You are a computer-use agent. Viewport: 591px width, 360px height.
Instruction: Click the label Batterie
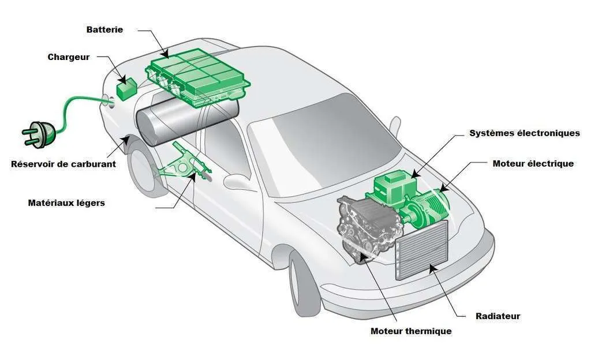click(x=104, y=29)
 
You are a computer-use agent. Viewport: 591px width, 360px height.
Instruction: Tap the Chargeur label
click(x=69, y=57)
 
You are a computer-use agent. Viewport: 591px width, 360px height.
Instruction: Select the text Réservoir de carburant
click(x=63, y=164)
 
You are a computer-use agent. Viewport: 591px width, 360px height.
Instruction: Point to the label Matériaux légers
click(x=66, y=203)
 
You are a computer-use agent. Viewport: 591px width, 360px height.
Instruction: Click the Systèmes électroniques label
click(x=525, y=133)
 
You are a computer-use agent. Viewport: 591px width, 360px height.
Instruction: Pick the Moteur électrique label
click(x=533, y=164)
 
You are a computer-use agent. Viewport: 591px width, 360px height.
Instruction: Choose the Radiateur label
click(x=498, y=316)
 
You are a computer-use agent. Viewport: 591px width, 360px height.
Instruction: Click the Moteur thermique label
click(x=411, y=331)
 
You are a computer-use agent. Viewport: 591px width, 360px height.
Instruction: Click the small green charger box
click(x=126, y=88)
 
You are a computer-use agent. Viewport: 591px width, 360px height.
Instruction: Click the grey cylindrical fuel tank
click(x=185, y=121)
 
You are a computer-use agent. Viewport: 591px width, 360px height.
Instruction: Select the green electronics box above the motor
click(x=392, y=185)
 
